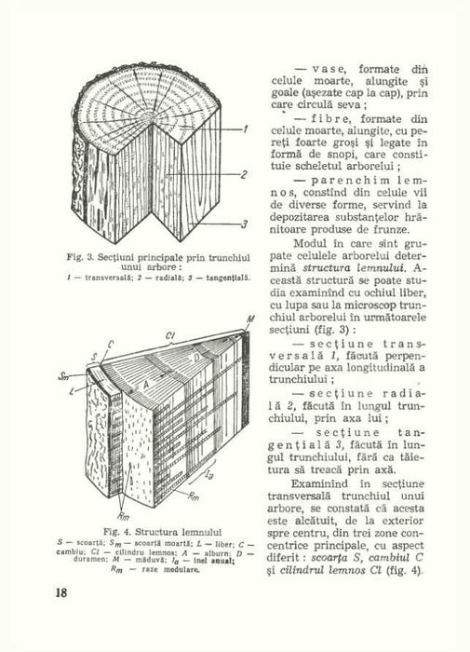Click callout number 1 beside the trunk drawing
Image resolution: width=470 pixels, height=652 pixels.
[246, 129]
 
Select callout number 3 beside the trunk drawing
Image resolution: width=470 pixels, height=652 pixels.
[246, 224]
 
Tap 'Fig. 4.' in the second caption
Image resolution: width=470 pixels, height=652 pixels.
[98, 530]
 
